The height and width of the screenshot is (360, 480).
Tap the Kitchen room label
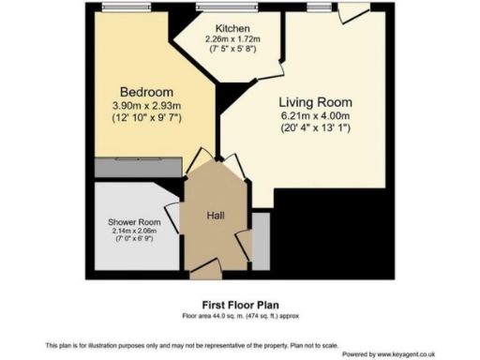click(232, 28)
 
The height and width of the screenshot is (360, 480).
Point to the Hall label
click(216, 215)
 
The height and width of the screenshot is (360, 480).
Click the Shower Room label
click(134, 222)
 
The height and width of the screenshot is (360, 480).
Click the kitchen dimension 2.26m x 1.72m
click(232, 39)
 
